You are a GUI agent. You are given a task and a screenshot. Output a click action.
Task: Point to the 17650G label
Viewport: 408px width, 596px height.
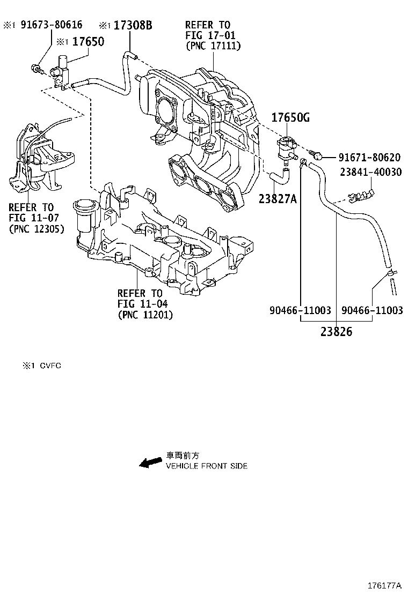pyautogui.click(x=290, y=118)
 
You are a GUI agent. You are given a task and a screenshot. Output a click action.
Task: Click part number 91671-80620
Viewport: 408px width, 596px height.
pyautogui.click(x=369, y=158)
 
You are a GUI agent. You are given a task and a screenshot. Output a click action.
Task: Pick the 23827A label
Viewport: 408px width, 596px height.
pyautogui.click(x=278, y=199)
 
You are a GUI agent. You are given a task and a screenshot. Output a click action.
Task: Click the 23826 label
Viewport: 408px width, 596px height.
pyautogui.click(x=337, y=332)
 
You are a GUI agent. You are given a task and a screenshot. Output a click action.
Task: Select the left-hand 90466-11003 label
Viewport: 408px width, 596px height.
pyautogui.click(x=300, y=311)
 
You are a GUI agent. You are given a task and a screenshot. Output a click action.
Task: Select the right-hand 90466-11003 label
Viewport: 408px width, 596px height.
pyautogui.click(x=371, y=311)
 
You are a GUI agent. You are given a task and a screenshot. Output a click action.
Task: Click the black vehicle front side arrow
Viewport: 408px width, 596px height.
pyautogui.click(x=150, y=462)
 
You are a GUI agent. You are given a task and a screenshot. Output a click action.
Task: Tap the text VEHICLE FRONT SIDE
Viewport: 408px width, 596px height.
pyautogui.click(x=206, y=466)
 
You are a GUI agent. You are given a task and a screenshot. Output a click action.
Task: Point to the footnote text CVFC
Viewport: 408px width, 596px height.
pyautogui.click(x=49, y=366)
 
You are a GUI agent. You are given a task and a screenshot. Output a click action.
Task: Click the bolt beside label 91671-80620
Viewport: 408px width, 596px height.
pyautogui.click(x=317, y=157)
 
